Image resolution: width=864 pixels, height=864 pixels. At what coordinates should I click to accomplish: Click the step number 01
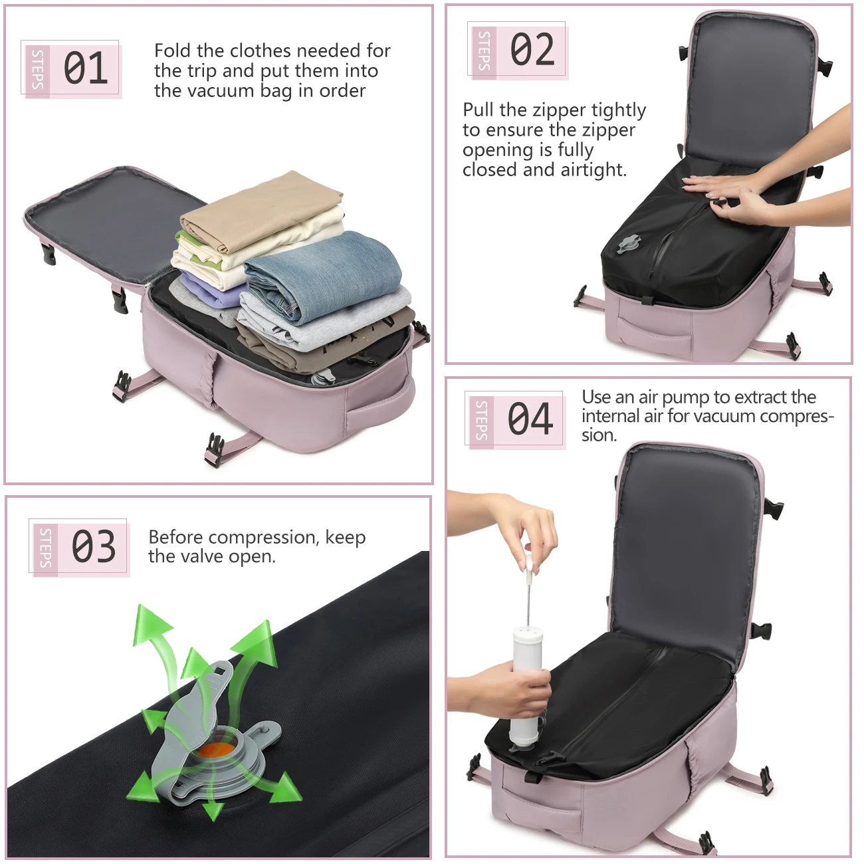tap(86, 68)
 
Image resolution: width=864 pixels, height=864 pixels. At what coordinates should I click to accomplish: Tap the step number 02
tap(532, 49)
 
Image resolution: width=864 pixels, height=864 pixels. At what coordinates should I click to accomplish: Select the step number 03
tap(94, 546)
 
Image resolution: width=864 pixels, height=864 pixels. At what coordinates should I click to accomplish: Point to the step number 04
tap(530, 418)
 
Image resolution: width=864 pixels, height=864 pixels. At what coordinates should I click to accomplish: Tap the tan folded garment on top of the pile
tap(262, 211)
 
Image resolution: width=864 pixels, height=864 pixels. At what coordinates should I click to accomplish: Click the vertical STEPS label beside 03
tap(45, 548)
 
